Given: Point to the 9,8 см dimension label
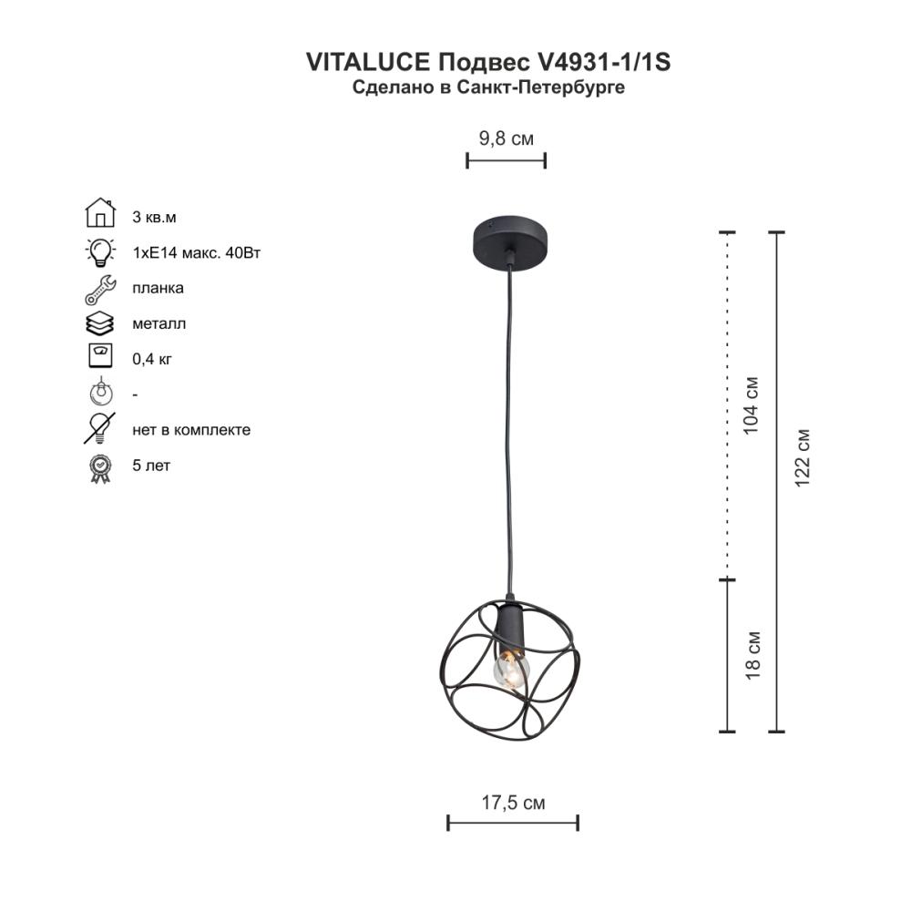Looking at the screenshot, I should click(506, 138).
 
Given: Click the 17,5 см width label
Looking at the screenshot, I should click(513, 803).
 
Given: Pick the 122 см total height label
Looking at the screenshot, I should click(802, 457).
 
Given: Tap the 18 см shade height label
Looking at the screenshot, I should click(751, 655).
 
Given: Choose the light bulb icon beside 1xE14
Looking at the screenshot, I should click(100, 251).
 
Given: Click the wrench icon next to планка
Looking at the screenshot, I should click(100, 288).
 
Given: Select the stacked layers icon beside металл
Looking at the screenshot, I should click(100, 323).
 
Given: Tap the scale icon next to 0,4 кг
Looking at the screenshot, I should click(100, 356).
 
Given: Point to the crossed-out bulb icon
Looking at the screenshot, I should click(100, 428).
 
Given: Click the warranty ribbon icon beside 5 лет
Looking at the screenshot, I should click(100, 467).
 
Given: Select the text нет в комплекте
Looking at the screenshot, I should click(190, 430).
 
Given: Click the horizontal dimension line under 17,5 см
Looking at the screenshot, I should click(513, 823).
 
